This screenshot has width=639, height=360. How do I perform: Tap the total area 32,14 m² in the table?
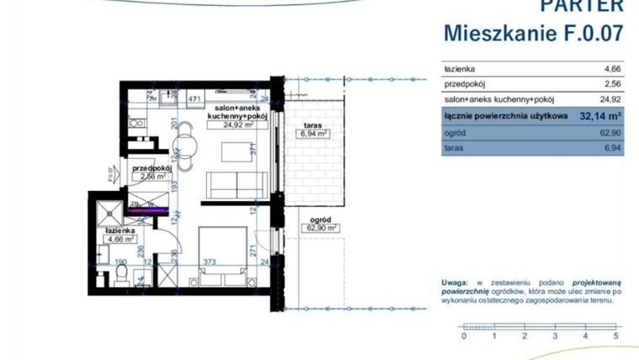tap(600, 116)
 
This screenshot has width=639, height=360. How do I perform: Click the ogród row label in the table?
tap(455, 132)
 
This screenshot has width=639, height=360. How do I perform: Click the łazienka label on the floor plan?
tap(120, 230)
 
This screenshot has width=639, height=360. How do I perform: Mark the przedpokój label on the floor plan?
tap(151, 168)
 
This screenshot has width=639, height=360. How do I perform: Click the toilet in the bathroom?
tap(121, 275)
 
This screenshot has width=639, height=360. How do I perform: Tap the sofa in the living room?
tap(237, 184)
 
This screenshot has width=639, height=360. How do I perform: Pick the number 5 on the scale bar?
tap(616, 336)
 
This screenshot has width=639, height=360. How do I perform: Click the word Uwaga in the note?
tap(455, 283)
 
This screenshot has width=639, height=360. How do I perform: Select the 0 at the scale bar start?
tap(464, 336)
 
